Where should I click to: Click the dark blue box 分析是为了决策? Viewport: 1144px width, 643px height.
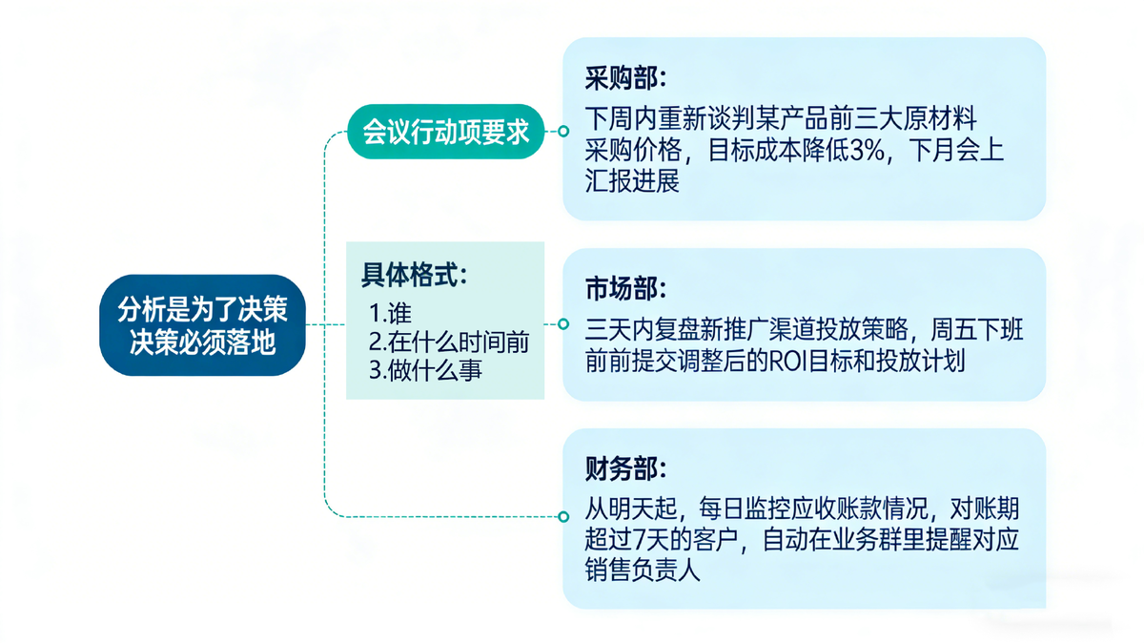click(202, 325)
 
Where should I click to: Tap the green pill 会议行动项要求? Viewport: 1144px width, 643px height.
click(445, 132)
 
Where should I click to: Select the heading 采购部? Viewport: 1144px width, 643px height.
click(625, 79)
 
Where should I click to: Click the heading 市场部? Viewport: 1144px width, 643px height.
click(625, 289)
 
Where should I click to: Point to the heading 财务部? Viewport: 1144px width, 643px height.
click(625, 468)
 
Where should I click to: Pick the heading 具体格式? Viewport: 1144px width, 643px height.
click(414, 275)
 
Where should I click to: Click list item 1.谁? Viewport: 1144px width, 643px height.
click(390, 313)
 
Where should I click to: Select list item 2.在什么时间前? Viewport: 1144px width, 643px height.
click(449, 342)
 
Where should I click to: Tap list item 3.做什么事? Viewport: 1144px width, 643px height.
click(425, 370)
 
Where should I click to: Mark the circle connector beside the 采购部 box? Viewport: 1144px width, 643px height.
click(562, 132)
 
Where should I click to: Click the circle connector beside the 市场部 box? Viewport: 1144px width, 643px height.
click(562, 324)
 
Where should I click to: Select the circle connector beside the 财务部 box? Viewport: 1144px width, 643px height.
click(562, 517)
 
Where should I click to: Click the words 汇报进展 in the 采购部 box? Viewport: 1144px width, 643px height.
click(632, 181)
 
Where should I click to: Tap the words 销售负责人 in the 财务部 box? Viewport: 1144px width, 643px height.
click(643, 570)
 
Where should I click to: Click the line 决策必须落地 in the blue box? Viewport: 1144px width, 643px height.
click(202, 342)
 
